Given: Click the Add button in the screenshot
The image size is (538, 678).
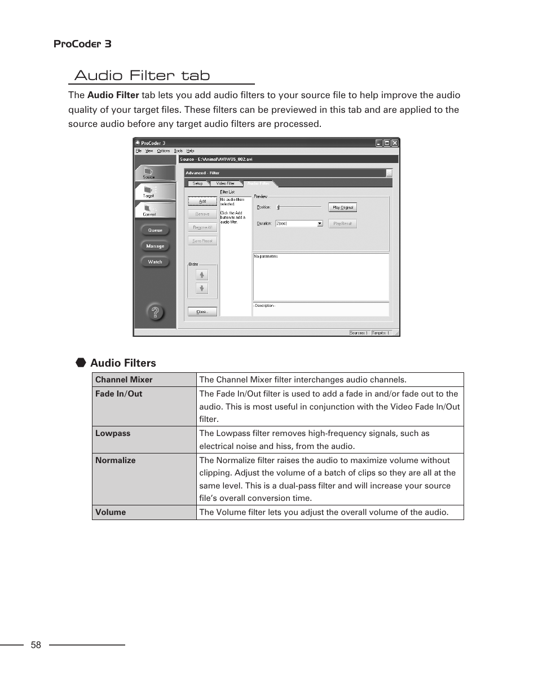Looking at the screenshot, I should coord(202,201).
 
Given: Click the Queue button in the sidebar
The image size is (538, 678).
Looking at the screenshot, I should coord(155,230).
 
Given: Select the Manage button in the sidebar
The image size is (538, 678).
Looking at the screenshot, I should coord(155,246).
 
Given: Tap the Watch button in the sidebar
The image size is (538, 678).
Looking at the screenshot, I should coord(155,262).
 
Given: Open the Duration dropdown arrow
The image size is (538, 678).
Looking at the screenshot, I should coord(320,223).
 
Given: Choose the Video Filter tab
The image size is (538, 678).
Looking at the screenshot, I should coord(226,183).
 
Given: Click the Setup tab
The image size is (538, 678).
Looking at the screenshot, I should coord(197,183).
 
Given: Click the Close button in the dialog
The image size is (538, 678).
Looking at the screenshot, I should coord(202,311).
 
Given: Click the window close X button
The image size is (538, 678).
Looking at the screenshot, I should coord(395,143).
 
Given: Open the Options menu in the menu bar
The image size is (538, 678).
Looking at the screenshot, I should coord(164,151).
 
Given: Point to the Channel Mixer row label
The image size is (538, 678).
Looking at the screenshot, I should coord(124,380).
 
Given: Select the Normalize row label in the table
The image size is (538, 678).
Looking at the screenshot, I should coord(116,460).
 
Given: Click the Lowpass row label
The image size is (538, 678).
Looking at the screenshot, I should coord(113,433).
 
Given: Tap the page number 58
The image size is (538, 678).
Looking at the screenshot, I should coord(36,645).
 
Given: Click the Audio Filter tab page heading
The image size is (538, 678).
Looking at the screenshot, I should coord(142,75).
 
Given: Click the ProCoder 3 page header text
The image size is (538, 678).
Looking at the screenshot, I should coord(82,44).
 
